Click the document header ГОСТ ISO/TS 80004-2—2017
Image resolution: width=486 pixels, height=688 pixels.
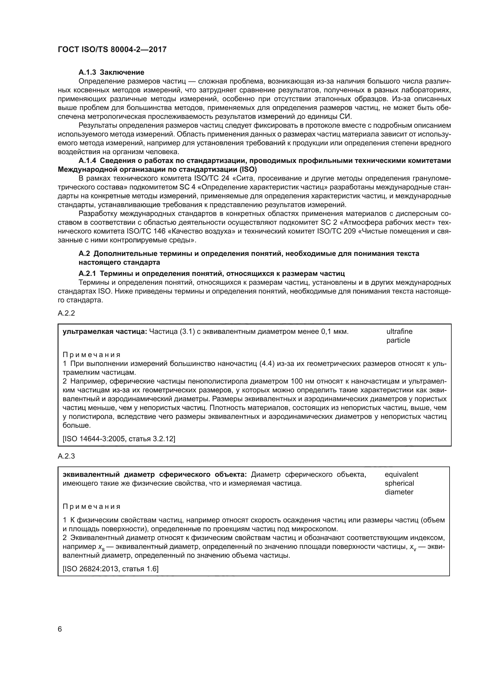(112, 49)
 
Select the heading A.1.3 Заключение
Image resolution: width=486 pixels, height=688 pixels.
(111, 72)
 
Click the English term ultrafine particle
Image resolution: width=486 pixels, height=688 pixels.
(399, 336)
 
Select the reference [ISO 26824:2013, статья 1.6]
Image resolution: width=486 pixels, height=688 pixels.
(110, 569)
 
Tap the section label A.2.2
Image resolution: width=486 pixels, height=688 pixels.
(66, 314)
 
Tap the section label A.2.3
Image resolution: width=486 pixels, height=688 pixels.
(66, 457)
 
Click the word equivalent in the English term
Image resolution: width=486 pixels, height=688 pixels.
(401, 475)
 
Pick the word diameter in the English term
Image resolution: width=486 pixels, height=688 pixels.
(399, 492)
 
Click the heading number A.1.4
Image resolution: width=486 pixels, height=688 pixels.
(87, 161)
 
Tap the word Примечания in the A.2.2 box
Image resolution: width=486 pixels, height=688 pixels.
(91, 355)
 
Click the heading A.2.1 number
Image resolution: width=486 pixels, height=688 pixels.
(87, 274)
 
